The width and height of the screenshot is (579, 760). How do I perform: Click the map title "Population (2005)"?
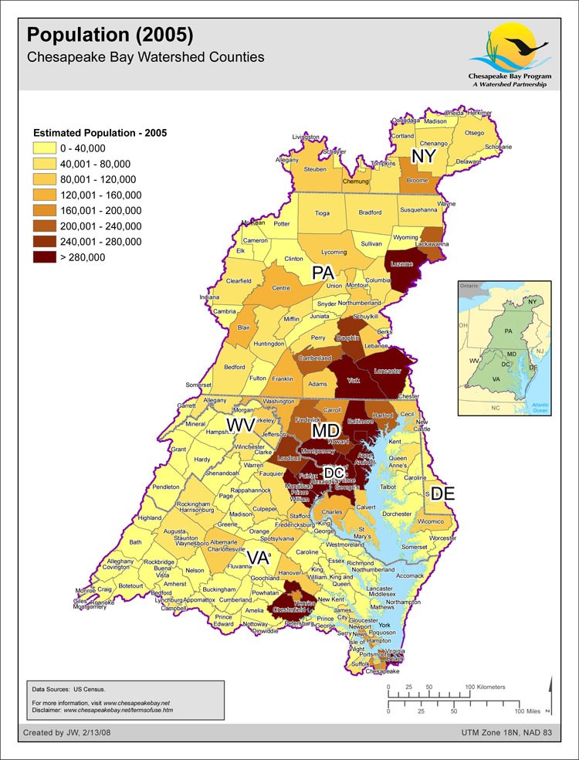(110, 36)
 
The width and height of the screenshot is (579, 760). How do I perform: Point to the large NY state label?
(424, 157)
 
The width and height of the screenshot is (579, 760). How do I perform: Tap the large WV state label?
(240, 426)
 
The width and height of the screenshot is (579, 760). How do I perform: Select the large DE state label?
(442, 494)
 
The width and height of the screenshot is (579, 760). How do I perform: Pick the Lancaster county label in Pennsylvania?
(387, 372)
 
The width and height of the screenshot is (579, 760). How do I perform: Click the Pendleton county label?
(166, 487)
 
